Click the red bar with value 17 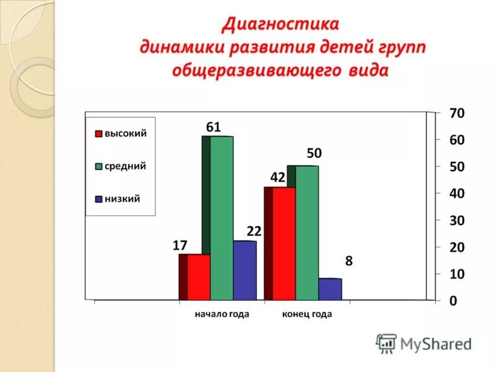pos(199,277)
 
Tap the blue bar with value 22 pos(244,270)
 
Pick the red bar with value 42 pos(283,244)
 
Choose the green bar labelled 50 pos(306,233)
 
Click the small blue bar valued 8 pos(330,289)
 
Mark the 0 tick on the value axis pos(454,301)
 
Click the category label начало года pos(222,314)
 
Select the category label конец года pos(307,314)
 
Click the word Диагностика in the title pos(282,25)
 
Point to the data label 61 pos(213,127)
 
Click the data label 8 pos(349,261)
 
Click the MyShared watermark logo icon pos(386,343)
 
